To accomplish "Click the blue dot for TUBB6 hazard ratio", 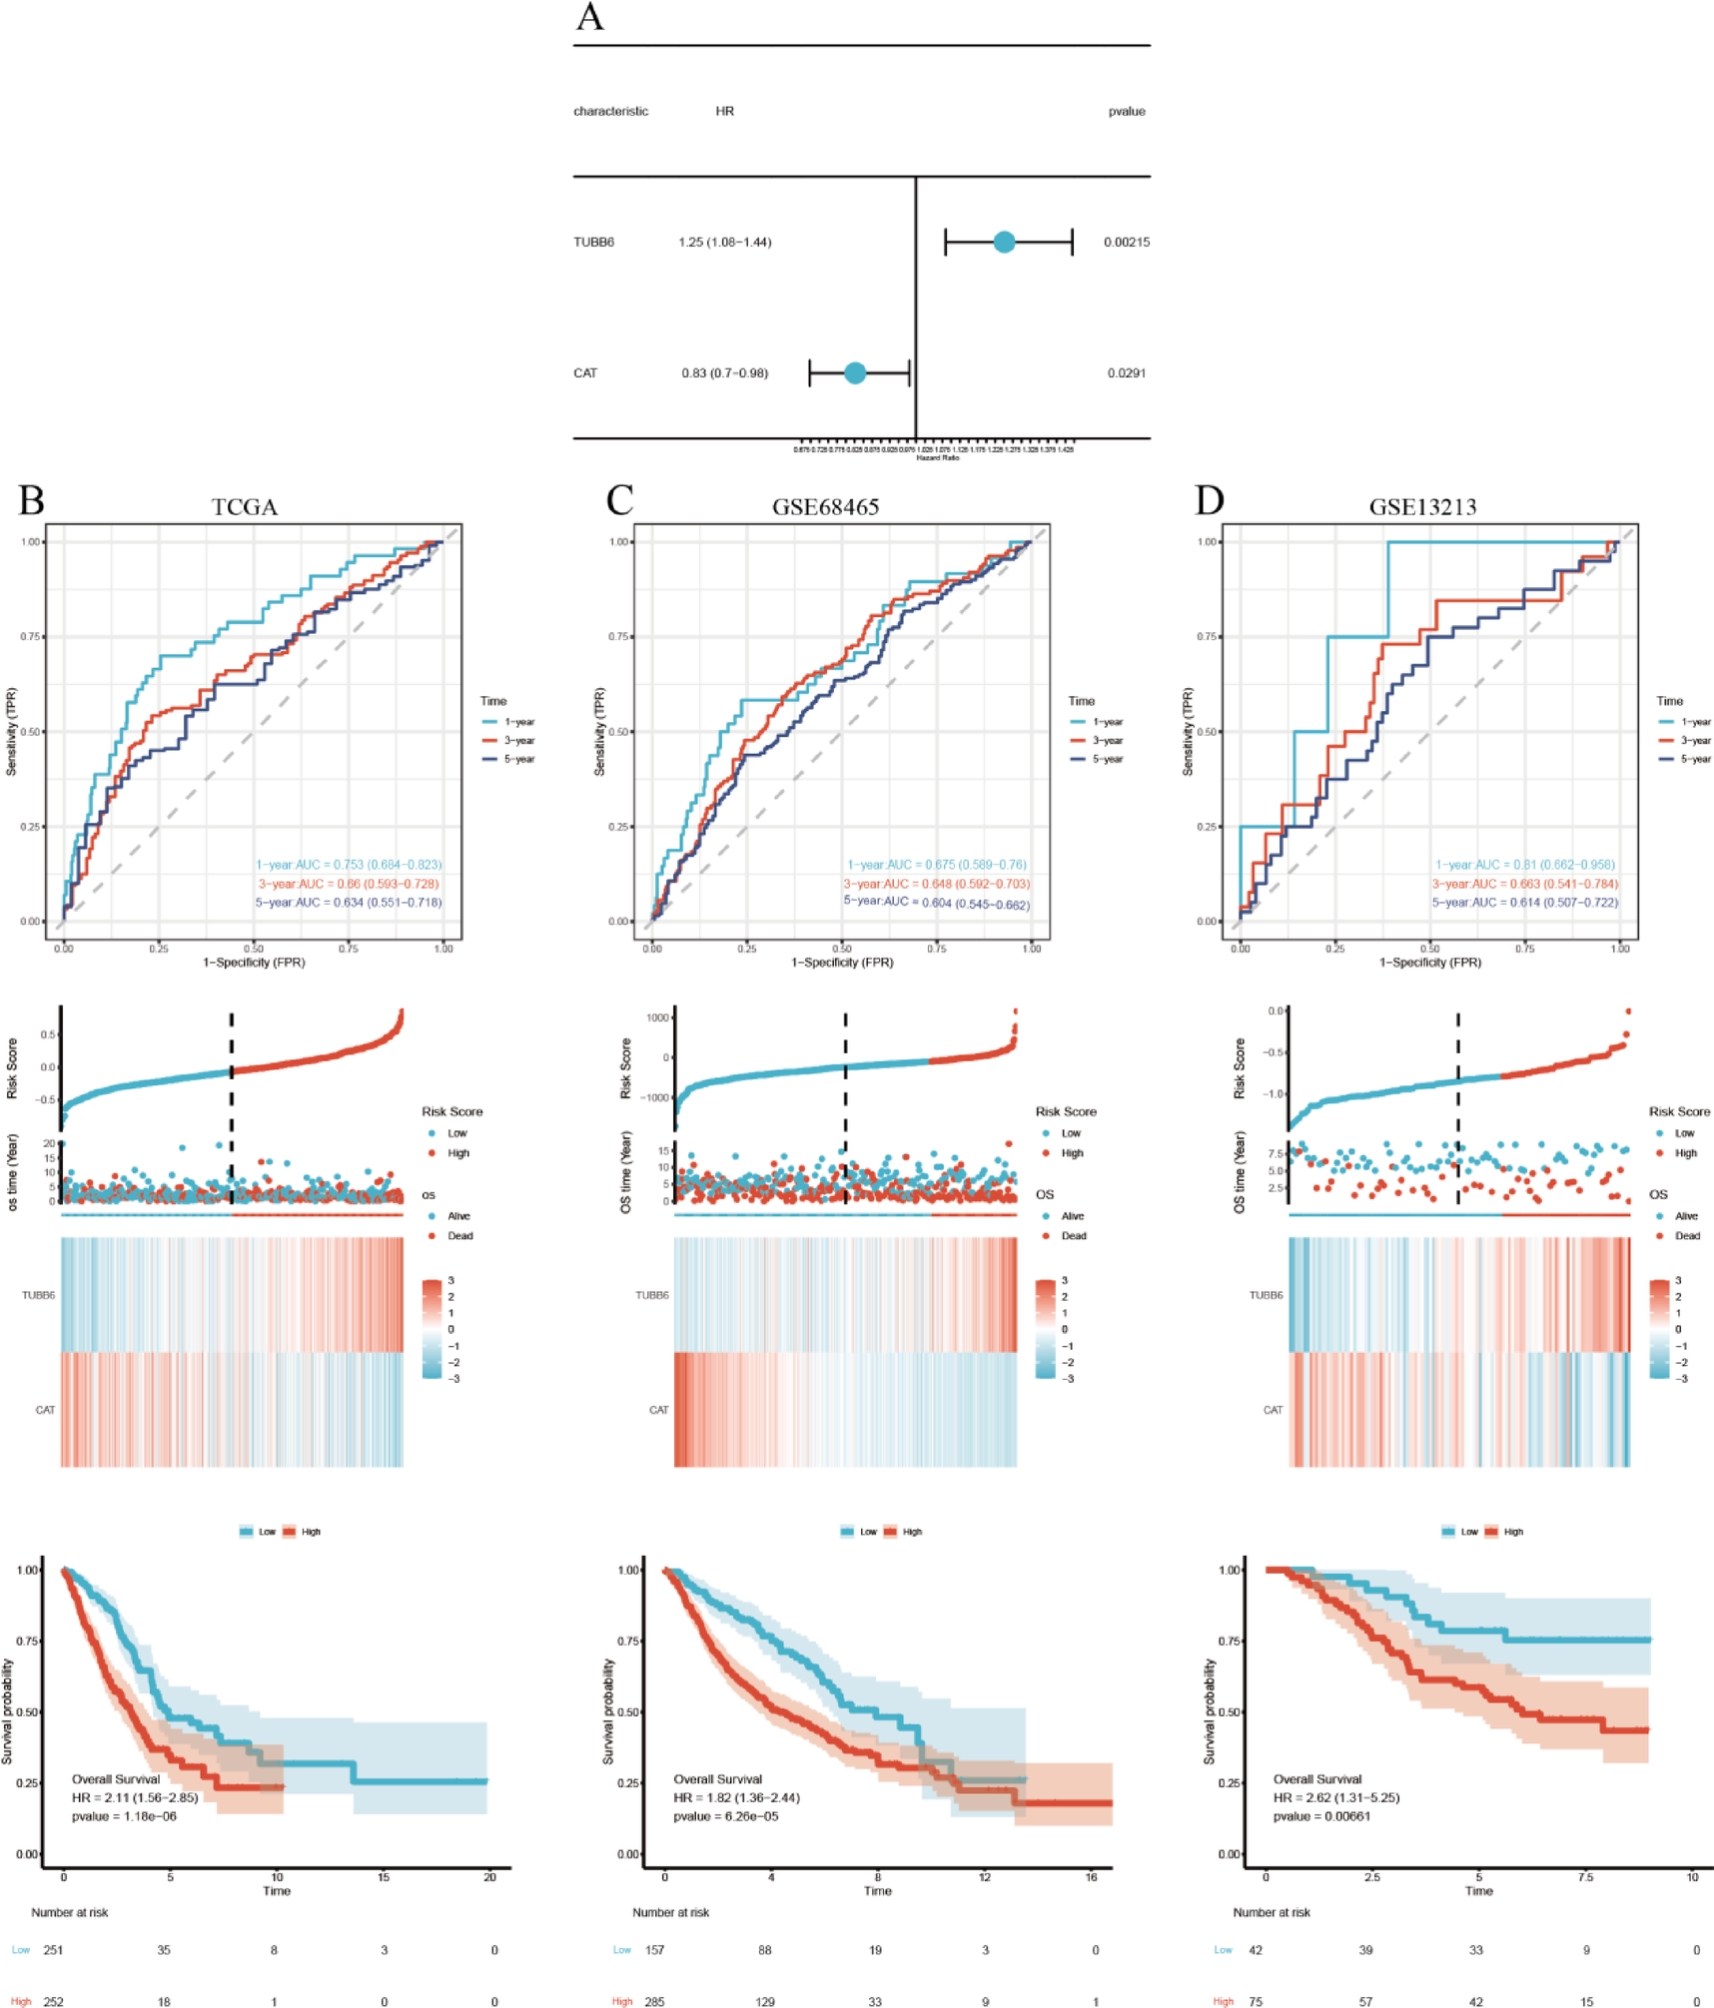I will pyautogui.click(x=1004, y=242).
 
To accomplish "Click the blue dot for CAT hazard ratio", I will pyautogui.click(x=855, y=372).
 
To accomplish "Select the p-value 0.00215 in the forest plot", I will pyautogui.click(x=1126, y=242).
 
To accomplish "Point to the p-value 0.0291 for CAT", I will pyautogui.click(x=1126, y=372).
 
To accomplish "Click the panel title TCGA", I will pyautogui.click(x=245, y=507).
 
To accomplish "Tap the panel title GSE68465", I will pyautogui.click(x=825, y=507).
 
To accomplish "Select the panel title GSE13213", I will pyautogui.click(x=1422, y=507).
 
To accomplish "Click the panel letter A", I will pyautogui.click(x=590, y=18).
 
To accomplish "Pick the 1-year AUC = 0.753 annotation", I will pyautogui.click(x=349, y=865).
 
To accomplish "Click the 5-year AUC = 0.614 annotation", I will pyautogui.click(x=1524, y=903).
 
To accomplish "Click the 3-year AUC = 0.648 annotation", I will pyautogui.click(x=936, y=884).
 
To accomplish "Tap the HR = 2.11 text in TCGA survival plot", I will pyautogui.click(x=135, y=1797).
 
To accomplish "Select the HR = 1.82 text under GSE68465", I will pyautogui.click(x=736, y=1797).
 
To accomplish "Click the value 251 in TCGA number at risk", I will pyautogui.click(x=53, y=1950).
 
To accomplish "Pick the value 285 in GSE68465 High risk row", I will pyautogui.click(x=654, y=2001).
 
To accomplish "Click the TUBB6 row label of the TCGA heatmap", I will pyautogui.click(x=38, y=1295).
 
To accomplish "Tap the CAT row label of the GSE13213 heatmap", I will pyautogui.click(x=1273, y=1410).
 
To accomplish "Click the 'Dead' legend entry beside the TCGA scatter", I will pyautogui.click(x=459, y=1236).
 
